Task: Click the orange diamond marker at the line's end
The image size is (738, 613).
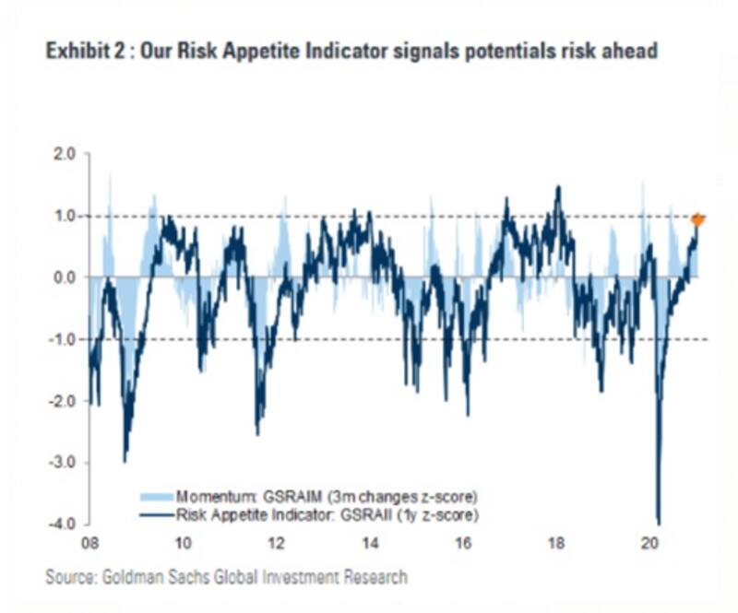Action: click(698, 218)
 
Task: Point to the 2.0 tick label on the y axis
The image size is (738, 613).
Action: click(64, 154)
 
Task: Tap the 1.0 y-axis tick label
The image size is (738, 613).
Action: click(64, 216)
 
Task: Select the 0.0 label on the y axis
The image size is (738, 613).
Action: click(64, 277)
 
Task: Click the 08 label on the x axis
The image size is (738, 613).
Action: click(89, 542)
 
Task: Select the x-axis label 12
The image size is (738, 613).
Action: click(275, 542)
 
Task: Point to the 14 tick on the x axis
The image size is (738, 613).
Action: click(369, 542)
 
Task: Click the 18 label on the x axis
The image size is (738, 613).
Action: click(556, 542)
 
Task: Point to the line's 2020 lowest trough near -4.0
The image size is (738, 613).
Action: click(659, 522)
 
